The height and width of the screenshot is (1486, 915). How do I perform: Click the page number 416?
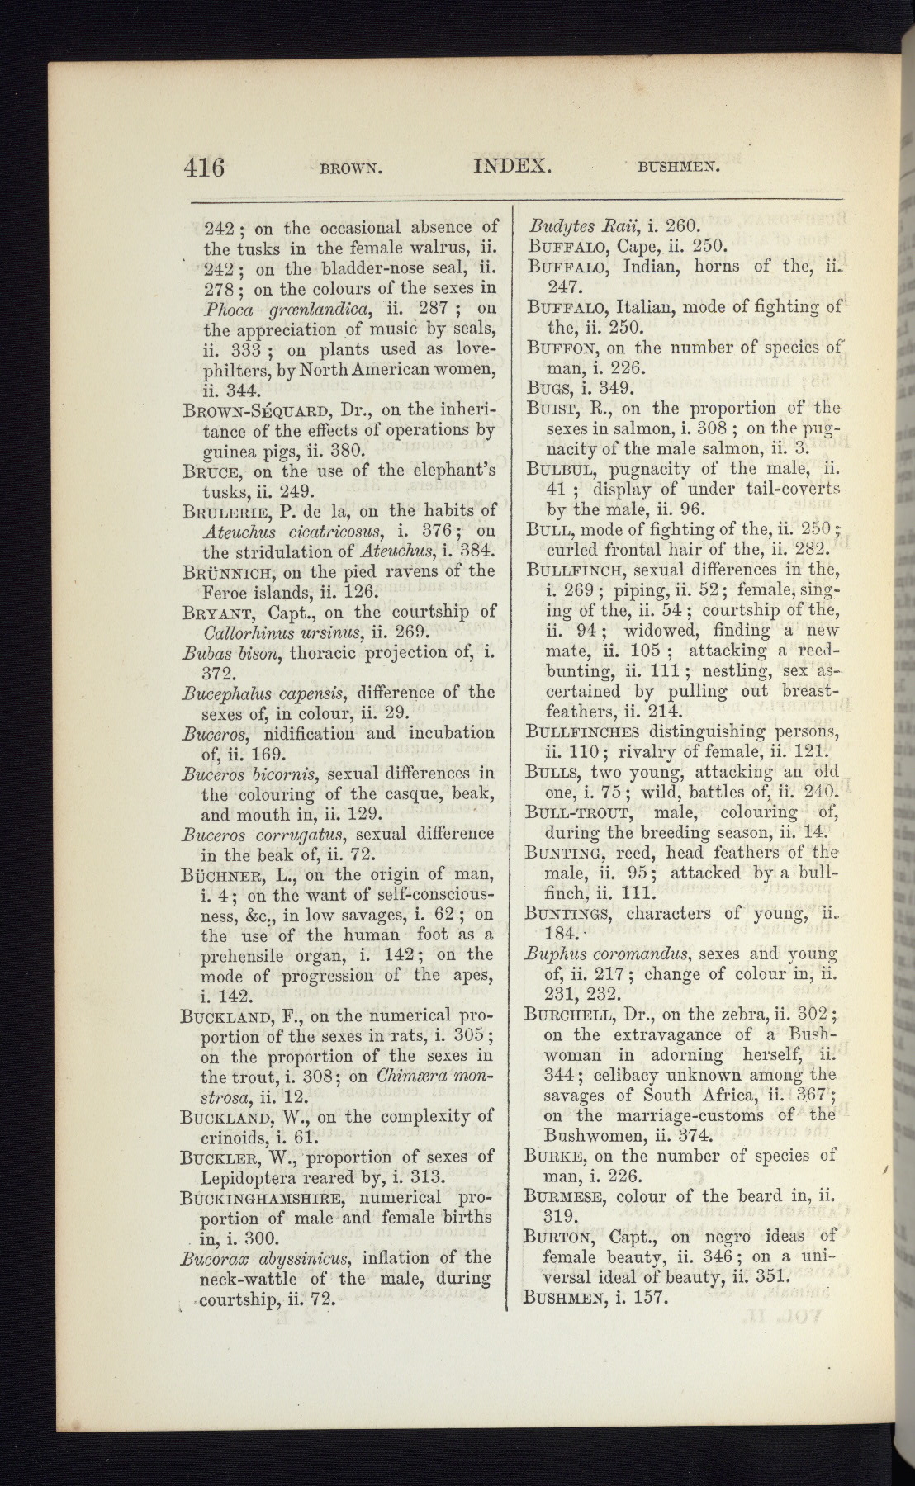coord(204,167)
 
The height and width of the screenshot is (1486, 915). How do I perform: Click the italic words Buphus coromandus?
coord(606,954)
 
